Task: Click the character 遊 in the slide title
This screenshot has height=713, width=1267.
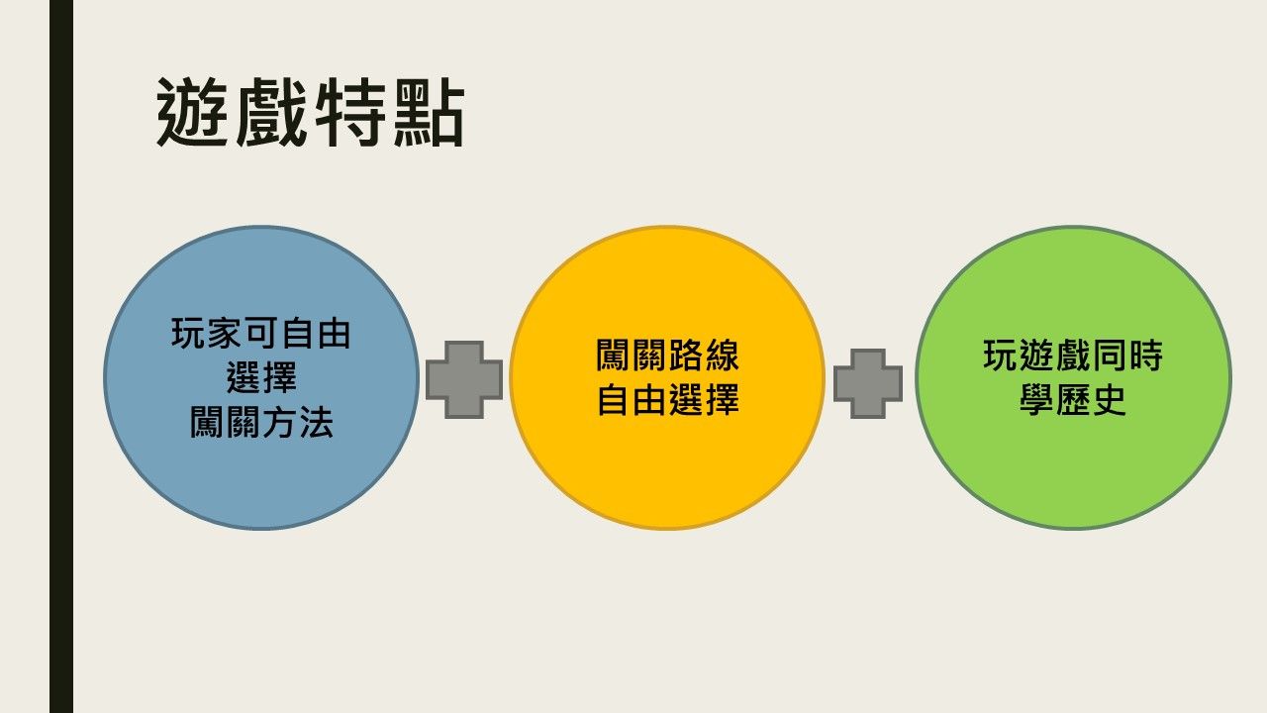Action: pos(193,112)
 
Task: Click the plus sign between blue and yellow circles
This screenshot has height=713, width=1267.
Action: pos(464,379)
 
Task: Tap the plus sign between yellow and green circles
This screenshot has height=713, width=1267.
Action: pos(868,384)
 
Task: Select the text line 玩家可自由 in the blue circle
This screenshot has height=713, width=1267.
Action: pos(260,333)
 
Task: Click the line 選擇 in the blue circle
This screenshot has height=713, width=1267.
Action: pos(261,377)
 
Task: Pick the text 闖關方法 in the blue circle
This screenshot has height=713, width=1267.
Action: pos(261,422)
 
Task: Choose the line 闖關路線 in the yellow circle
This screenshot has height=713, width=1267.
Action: pos(667,356)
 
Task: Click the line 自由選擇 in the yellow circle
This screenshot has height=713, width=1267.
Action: pos(667,399)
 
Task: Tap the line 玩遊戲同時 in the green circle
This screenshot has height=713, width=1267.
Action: pos(1073,356)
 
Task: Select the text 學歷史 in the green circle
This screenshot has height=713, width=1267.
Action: pos(1073,399)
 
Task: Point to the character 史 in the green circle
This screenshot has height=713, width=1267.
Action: pos(1110,399)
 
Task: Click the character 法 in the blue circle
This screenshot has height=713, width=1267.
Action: pos(316,422)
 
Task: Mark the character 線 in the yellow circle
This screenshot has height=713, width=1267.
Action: pos(722,356)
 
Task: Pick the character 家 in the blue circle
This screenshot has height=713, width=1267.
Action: pos(225,333)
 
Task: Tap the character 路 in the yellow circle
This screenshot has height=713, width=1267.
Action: pos(686,356)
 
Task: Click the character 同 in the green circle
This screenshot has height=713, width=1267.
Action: pos(1110,356)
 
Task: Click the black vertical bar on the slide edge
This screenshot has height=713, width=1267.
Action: pos(61,356)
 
